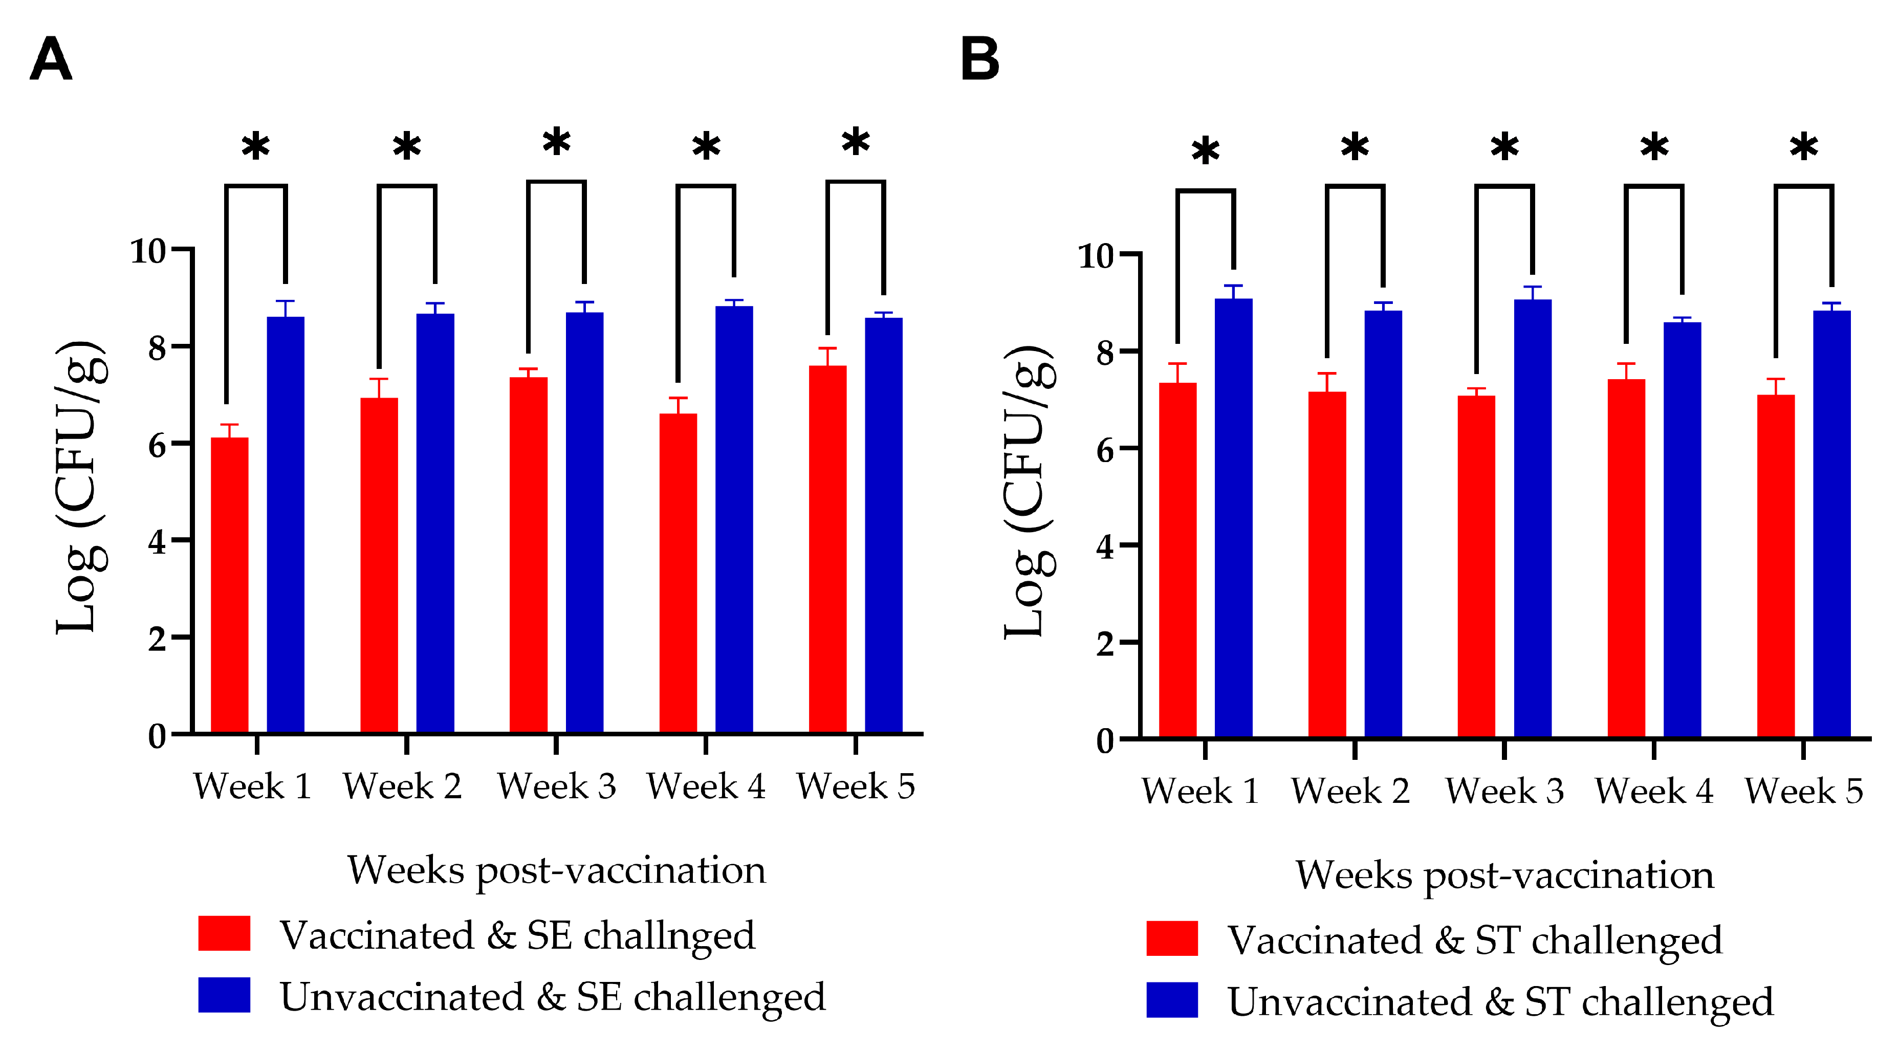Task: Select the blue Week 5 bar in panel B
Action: click(1832, 523)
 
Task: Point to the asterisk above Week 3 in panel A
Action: click(557, 142)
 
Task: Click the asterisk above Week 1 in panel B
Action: click(1205, 151)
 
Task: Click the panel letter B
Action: click(980, 59)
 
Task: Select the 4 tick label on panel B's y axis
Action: click(1104, 547)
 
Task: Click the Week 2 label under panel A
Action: click(402, 786)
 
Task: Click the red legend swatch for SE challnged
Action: click(224, 933)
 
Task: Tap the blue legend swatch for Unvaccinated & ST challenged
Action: click(1171, 1000)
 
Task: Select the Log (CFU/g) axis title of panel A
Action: click(81, 487)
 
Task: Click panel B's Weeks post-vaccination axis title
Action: click(1504, 875)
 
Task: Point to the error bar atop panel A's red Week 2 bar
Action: click(379, 387)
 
